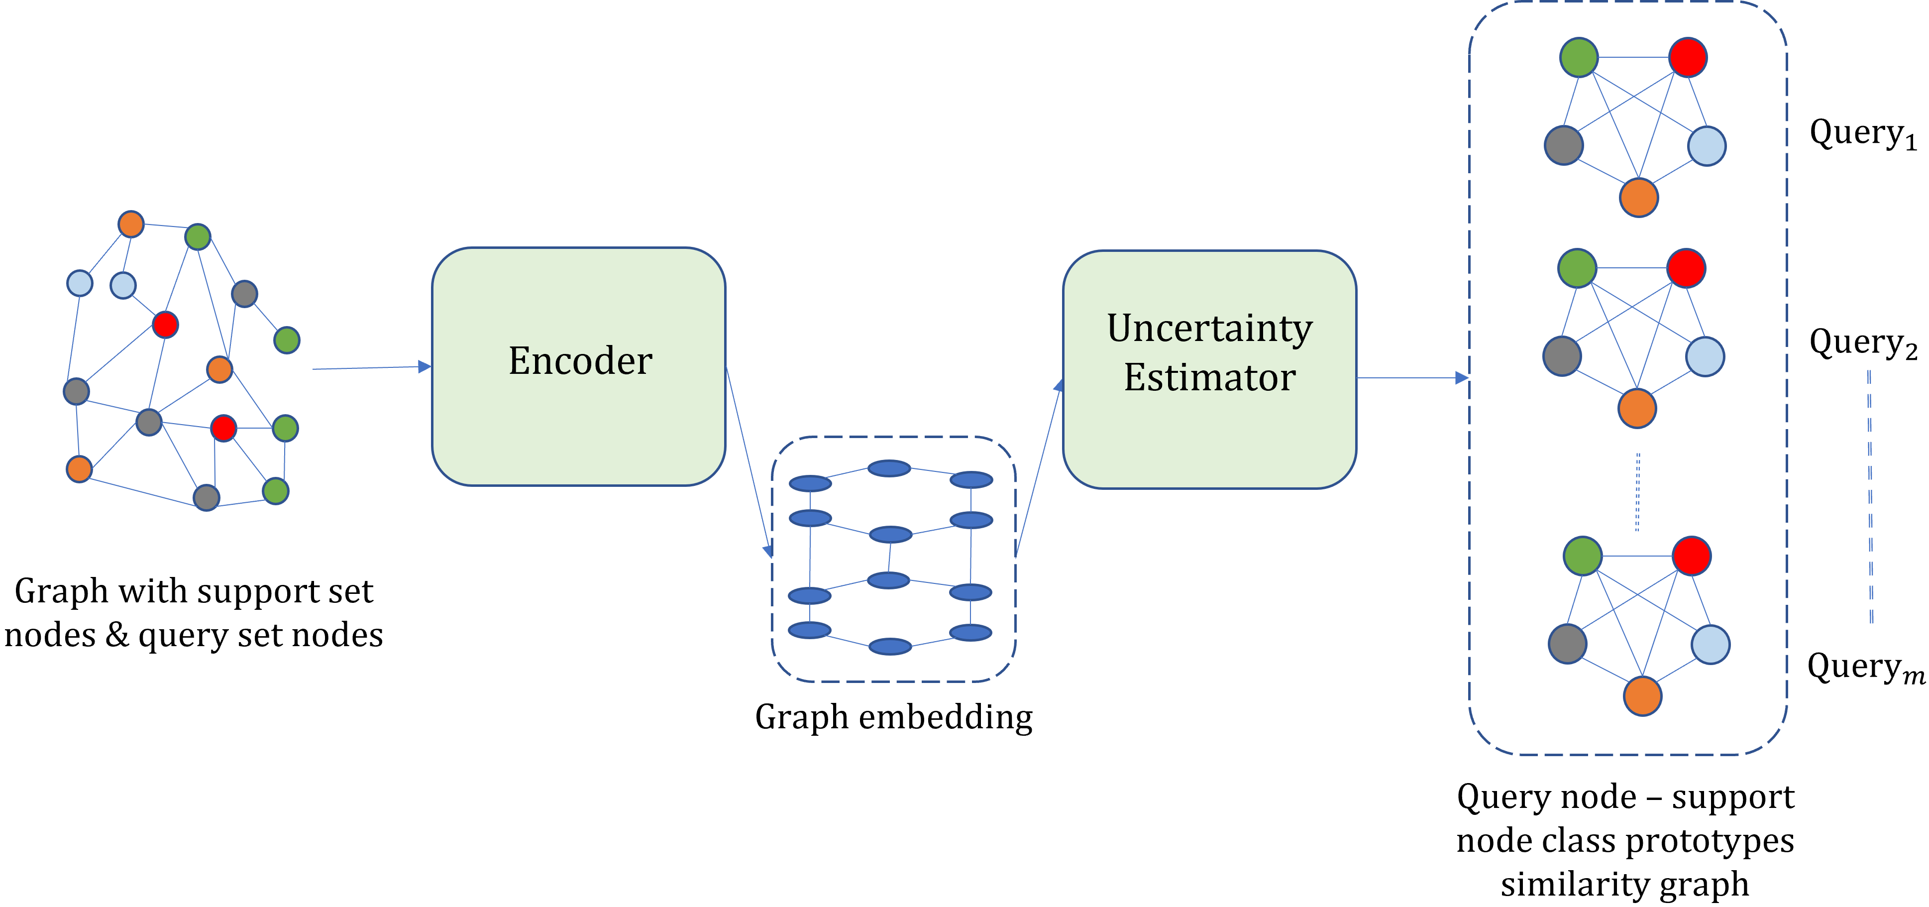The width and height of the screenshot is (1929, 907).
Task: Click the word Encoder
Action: [x=580, y=361]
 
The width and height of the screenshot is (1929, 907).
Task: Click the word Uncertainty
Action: [x=1209, y=329]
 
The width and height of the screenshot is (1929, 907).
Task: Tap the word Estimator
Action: [x=1209, y=377]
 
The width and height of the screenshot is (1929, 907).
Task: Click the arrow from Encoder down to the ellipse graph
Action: [x=749, y=460]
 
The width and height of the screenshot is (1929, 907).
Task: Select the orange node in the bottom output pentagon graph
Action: [x=1642, y=696]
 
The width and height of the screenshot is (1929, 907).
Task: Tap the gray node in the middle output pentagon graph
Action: [x=1562, y=356]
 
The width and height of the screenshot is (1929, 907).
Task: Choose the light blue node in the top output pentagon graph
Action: [x=1707, y=146]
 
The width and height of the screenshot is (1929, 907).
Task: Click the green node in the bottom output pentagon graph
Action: [x=1582, y=556]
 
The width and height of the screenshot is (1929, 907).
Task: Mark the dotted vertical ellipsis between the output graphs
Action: [x=1638, y=492]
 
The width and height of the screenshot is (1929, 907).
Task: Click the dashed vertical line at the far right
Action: [x=1870, y=496]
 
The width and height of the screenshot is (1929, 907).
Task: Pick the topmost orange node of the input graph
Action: [x=131, y=224]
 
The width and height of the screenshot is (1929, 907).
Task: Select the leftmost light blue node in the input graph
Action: [x=80, y=283]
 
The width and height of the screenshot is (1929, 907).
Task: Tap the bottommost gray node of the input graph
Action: [x=207, y=497]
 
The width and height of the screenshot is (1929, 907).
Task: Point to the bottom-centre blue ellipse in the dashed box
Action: [x=890, y=646]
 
